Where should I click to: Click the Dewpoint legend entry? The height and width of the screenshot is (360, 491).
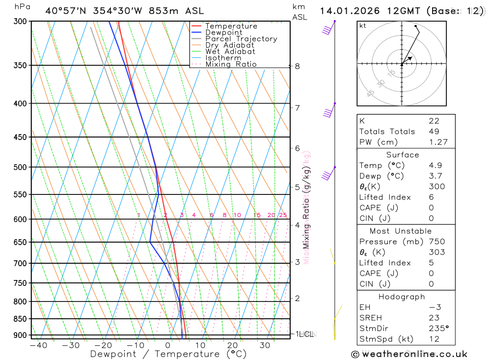coord(224,32)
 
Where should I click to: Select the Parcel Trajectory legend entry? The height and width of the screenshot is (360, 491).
coord(241,39)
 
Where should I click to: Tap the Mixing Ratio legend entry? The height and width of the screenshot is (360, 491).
coord(231,64)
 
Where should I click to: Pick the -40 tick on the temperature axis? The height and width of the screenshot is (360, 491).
coord(38,345)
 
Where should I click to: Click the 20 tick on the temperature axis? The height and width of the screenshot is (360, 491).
coord(233,345)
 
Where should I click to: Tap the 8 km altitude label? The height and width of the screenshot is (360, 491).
coord(297,66)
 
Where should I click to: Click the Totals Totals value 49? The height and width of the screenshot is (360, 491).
coord(434,132)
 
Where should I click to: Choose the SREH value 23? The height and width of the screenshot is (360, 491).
coord(434,318)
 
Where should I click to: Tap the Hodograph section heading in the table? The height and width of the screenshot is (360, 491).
coord(402,297)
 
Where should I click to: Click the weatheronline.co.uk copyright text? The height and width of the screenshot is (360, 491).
coord(409,354)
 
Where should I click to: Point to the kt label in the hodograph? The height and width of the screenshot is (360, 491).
coord(363,26)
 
